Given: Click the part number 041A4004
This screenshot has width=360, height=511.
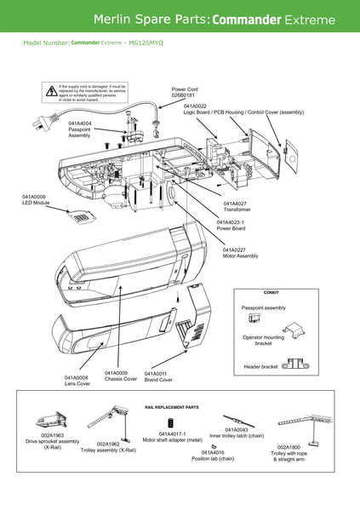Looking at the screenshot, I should point(80,123).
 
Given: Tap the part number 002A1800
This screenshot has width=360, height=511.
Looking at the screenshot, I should point(289,446).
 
